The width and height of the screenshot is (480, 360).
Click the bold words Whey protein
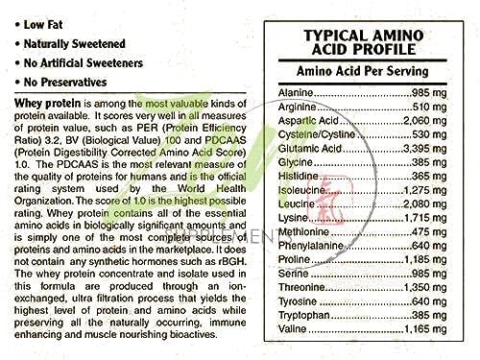[47, 101]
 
